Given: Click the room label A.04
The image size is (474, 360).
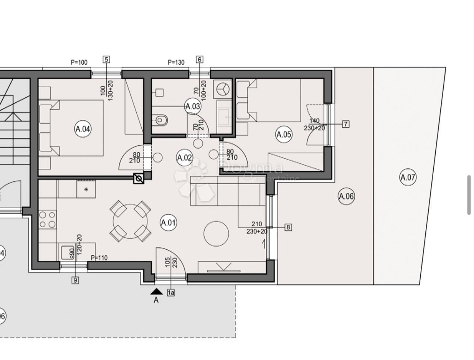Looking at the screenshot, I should [x=83, y=128].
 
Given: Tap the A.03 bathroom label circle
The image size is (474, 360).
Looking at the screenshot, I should [x=193, y=106].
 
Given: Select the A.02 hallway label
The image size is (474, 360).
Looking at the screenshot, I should [x=184, y=158].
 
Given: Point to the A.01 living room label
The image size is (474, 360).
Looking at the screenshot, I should [x=168, y=222].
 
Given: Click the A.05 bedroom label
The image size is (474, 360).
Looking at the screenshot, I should [x=284, y=134].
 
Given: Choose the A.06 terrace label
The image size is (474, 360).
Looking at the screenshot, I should [x=346, y=196].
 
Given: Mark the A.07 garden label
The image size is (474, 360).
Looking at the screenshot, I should [x=408, y=177].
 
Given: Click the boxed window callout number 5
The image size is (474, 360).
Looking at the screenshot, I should [x=106, y=60].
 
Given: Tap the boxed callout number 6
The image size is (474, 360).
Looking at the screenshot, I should [x=199, y=60].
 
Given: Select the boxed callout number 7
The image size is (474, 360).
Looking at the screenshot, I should [x=346, y=124].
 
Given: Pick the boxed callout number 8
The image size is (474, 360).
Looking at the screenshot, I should [x=288, y=227].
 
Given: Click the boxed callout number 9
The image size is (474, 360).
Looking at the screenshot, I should [x=75, y=280].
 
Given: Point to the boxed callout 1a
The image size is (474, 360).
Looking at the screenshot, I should [x=171, y=293].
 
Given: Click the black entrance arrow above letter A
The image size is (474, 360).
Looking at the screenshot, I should [x=156, y=292].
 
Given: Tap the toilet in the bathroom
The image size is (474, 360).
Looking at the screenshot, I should [x=161, y=119].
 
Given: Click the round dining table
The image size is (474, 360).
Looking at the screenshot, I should [x=130, y=221].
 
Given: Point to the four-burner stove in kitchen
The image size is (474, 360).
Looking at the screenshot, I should [x=48, y=220].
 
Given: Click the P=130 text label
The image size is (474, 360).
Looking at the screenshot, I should [x=176, y=62].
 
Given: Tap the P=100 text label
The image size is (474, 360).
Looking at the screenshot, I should [x=79, y=62].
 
